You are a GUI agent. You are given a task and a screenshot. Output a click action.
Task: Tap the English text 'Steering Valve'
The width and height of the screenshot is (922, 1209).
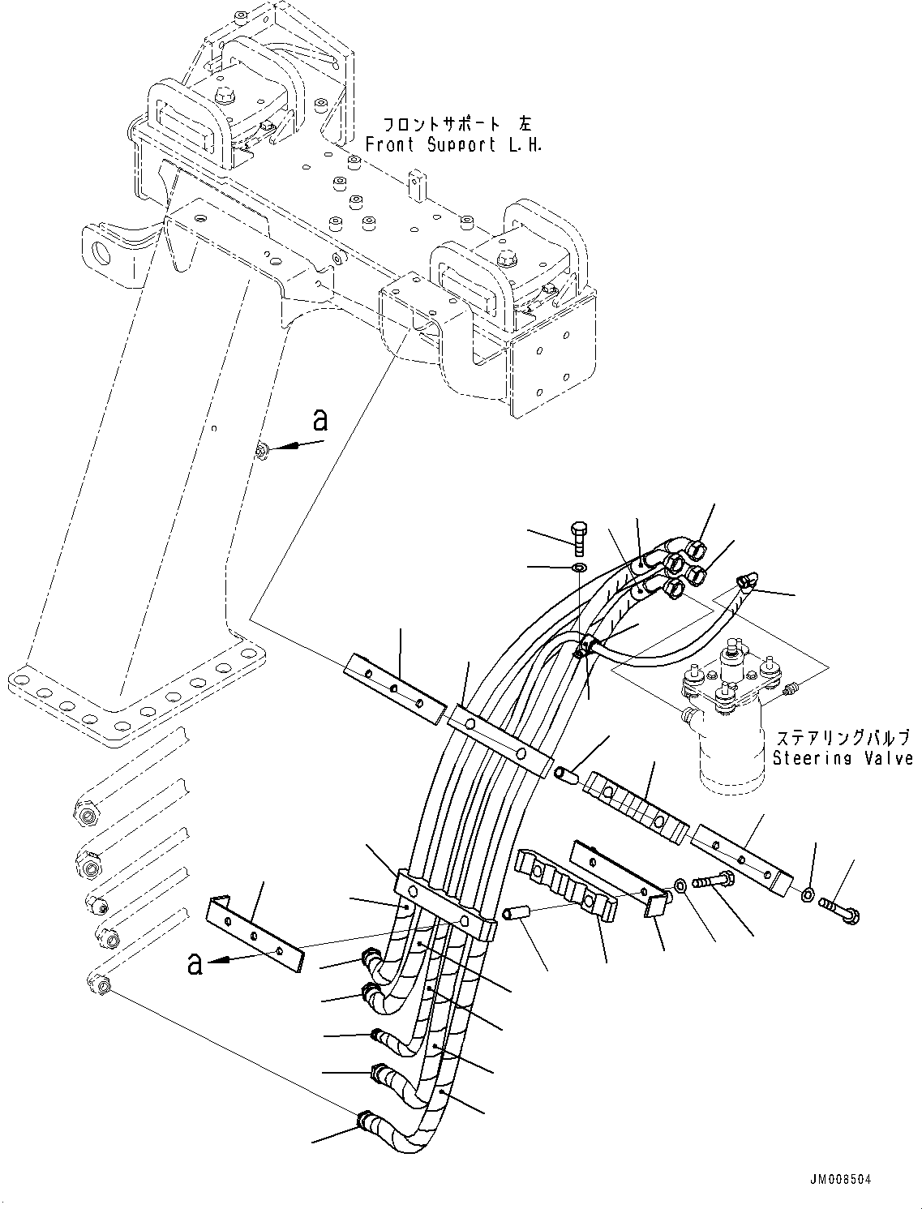point(843,759)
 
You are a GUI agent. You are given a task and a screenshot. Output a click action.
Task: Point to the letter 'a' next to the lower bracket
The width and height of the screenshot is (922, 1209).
point(195,964)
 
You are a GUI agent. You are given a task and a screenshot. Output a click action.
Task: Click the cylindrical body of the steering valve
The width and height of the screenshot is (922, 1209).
point(731,750)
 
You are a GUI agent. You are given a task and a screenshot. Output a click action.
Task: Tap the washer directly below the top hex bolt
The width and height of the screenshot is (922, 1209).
point(577,568)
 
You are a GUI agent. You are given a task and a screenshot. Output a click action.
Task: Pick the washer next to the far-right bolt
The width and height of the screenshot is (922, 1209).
point(808,895)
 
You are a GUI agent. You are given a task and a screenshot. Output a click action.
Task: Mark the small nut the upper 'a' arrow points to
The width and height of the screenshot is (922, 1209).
point(262,451)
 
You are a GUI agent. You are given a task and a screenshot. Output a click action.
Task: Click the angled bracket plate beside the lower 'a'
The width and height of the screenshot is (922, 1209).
point(253,933)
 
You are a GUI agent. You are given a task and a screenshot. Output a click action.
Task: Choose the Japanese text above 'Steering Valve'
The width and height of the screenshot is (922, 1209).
point(843,739)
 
